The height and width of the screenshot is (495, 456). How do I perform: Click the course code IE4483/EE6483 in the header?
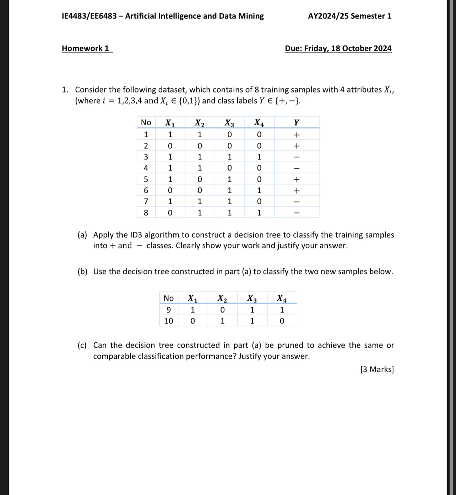click(89, 16)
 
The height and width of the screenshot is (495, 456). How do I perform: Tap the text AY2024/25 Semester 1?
click(349, 16)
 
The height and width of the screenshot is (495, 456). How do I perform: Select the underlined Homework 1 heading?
click(86, 48)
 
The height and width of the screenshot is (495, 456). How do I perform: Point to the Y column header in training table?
click(297, 123)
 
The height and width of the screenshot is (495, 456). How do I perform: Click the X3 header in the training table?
click(229, 123)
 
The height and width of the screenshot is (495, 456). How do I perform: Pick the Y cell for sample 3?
click(297, 157)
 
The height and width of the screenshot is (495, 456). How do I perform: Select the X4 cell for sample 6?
click(259, 191)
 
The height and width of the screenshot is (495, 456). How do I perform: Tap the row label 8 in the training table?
click(146, 213)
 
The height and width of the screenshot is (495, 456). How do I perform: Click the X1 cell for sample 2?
click(170, 146)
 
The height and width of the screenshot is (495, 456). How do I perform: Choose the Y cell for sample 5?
click(297, 180)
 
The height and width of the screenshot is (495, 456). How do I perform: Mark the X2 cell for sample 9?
click(222, 310)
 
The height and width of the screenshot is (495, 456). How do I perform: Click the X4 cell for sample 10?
click(282, 321)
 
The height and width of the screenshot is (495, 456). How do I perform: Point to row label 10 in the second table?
click(169, 321)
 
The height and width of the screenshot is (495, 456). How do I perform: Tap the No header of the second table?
click(169, 298)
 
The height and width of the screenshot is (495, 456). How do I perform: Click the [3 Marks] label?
click(377, 369)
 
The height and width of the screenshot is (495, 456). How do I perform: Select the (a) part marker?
click(83, 235)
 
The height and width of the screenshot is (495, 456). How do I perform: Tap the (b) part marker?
click(83, 272)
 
